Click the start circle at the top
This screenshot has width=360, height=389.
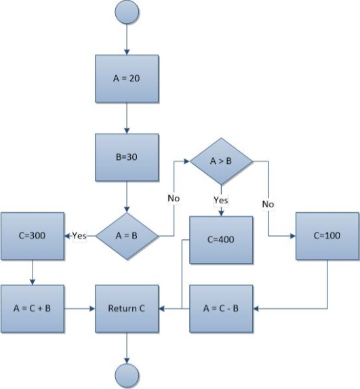(x=127, y=12)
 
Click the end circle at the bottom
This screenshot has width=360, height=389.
(x=127, y=376)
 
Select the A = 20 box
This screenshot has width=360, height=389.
(x=127, y=79)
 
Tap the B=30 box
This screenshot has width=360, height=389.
(x=127, y=157)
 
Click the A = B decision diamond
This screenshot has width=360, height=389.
(x=127, y=236)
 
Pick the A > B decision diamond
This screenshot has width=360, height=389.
(x=221, y=161)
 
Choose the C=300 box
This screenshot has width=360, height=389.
(x=33, y=236)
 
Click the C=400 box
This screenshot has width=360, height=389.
(x=221, y=240)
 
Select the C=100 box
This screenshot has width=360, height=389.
(x=327, y=236)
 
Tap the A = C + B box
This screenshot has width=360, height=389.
(x=33, y=308)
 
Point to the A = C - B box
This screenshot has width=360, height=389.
(x=221, y=308)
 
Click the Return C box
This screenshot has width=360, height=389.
(x=127, y=308)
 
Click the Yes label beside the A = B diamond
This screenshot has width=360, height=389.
(x=79, y=235)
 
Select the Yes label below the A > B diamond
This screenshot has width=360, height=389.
(x=221, y=200)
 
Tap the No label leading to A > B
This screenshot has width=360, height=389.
(x=174, y=198)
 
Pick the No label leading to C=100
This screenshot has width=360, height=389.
(x=268, y=204)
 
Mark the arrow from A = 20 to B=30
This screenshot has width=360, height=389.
(x=127, y=118)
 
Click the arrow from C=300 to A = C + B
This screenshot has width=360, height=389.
(x=33, y=272)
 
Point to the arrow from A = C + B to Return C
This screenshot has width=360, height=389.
(x=79, y=308)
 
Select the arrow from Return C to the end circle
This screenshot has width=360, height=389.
(x=127, y=348)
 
